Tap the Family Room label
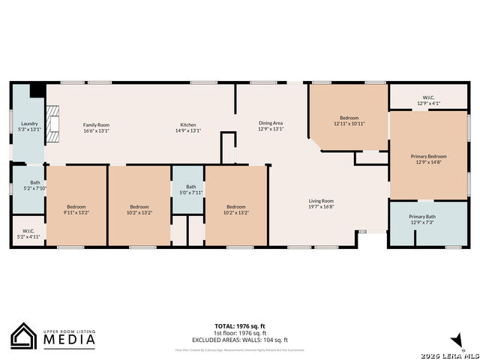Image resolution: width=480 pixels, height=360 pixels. click(96, 124)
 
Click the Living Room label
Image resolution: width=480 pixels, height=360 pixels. click(321, 201)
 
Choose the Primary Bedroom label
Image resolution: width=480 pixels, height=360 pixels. click(428, 157)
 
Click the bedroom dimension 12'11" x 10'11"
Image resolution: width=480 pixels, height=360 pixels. click(349, 124)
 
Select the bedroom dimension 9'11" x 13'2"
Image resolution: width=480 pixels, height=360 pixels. click(76, 212)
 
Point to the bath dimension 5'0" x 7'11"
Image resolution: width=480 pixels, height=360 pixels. click(190, 193)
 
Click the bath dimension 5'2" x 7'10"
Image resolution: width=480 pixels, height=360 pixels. click(35, 188)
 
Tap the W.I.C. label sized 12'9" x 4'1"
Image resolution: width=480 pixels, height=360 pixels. click(428, 103)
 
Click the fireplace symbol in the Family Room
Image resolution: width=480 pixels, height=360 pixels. click(51, 124)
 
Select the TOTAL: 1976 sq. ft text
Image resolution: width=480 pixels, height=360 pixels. click(240, 326)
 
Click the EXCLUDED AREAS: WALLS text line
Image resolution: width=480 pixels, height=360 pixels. click(240, 340)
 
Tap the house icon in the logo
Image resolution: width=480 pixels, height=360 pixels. click(24, 336)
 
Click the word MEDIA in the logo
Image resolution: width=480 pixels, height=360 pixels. click(67, 340)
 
